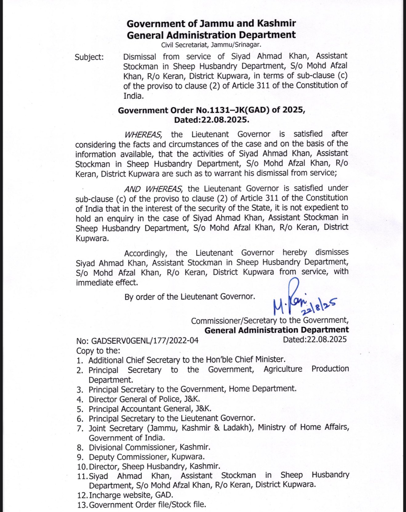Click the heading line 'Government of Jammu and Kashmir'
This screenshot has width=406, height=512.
tap(211, 24)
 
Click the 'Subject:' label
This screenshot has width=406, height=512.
tap(89, 57)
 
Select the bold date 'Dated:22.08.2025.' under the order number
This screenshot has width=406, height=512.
tap(211, 120)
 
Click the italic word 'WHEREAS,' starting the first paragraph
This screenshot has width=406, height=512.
tap(143, 134)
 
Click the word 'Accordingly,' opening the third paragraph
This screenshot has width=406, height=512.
tap(146, 253)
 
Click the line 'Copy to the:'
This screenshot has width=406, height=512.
tap(98, 351)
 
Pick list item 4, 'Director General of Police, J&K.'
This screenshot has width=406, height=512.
tap(144, 399)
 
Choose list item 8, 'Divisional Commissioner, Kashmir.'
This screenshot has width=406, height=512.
tap(150, 447)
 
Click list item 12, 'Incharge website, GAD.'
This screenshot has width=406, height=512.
tap(131, 495)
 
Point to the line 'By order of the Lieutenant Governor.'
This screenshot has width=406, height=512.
tap(190, 297)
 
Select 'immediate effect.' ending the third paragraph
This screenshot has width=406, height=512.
tap(107, 282)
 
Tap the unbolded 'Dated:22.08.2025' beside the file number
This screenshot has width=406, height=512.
tap(315, 340)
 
